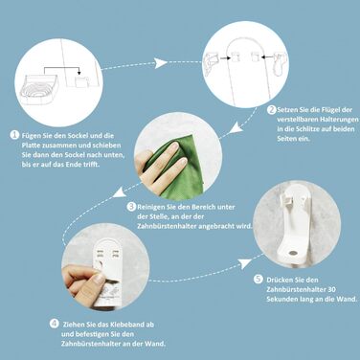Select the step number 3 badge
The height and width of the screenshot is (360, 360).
(131, 205)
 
